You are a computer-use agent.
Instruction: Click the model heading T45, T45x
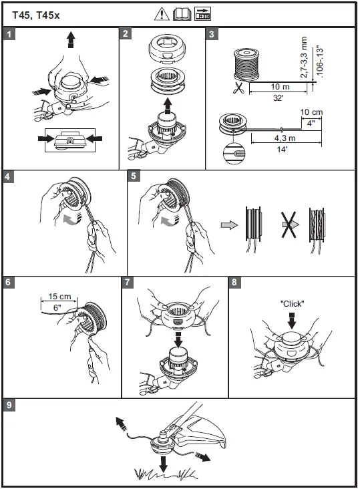(x=36, y=15)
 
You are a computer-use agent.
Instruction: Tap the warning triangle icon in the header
(x=162, y=14)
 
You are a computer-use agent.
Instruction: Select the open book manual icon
(x=182, y=14)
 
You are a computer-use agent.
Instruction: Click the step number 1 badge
(x=9, y=33)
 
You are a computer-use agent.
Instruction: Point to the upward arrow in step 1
(x=71, y=39)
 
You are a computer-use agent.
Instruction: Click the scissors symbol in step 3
(x=238, y=88)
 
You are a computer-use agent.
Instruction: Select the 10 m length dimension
(x=280, y=86)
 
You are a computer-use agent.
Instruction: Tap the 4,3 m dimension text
(x=285, y=138)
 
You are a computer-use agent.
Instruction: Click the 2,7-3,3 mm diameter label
(x=304, y=57)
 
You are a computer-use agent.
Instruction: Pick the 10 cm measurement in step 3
(x=311, y=112)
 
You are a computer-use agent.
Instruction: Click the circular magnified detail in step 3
(x=234, y=153)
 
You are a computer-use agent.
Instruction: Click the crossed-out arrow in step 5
(x=290, y=224)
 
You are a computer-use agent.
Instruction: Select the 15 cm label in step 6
(x=59, y=296)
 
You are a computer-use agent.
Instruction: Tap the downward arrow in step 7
(x=178, y=339)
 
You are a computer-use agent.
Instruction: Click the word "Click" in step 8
(x=292, y=303)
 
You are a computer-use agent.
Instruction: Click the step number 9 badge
(x=9, y=405)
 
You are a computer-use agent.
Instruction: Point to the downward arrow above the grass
(x=163, y=464)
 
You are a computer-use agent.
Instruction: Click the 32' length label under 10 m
(x=278, y=98)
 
